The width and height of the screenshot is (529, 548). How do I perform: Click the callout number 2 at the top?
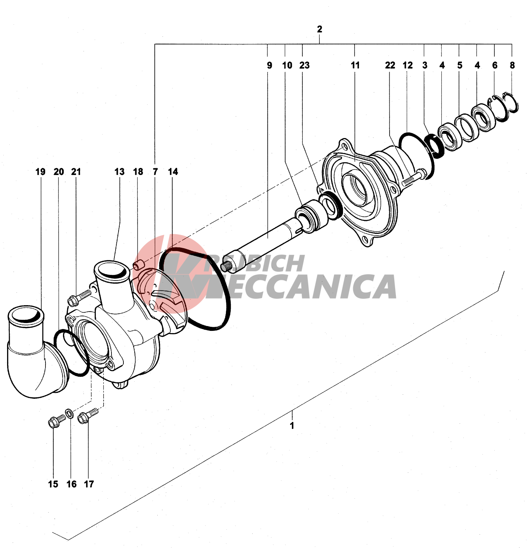pyautogui.click(x=319, y=29)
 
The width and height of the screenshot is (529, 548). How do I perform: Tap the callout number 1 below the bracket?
pyautogui.click(x=292, y=425)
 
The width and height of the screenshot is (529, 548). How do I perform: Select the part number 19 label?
pyautogui.click(x=40, y=172)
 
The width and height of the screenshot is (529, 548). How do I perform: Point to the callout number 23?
pyautogui.click(x=304, y=65)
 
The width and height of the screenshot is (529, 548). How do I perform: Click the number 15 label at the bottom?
pyautogui.click(x=53, y=484)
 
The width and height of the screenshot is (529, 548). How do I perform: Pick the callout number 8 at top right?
pyautogui.click(x=512, y=65)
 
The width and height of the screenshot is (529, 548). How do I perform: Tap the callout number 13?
pyautogui.click(x=119, y=172)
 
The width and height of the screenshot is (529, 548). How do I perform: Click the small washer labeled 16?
pyautogui.click(x=69, y=413)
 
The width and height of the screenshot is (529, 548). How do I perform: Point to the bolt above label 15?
pyautogui.click(x=56, y=421)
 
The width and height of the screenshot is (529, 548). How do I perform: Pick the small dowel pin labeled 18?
pyautogui.click(x=138, y=266)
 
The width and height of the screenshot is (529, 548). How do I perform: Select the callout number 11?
pyautogui.click(x=355, y=65)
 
